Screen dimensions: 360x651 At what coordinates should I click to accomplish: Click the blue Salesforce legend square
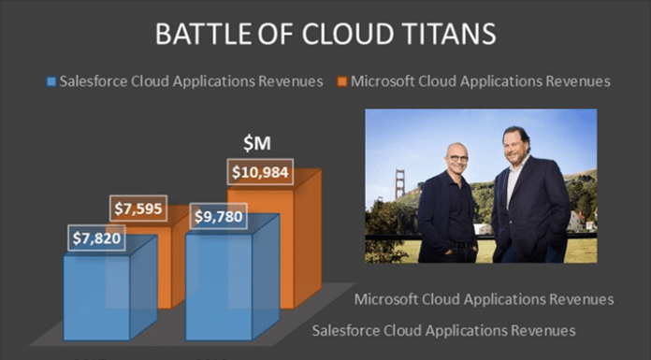coord(51,82)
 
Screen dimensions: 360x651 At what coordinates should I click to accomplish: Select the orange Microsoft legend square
coord(343,82)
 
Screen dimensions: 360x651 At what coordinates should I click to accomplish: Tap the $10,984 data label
coord(260,173)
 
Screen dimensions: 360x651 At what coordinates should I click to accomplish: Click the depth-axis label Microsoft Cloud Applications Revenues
coord(484,299)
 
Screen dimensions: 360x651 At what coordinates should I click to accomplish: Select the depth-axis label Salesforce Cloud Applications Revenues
coord(442,330)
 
